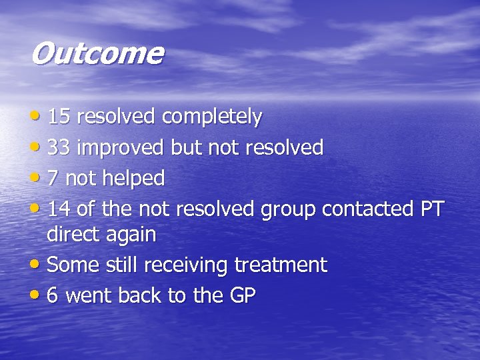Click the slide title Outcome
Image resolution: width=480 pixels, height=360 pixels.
[96, 54]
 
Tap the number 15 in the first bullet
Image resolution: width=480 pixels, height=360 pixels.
[59, 117]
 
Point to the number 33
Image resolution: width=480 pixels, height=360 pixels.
[59, 148]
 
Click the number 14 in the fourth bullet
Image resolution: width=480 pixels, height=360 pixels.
[59, 209]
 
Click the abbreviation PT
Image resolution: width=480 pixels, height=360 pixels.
[431, 209]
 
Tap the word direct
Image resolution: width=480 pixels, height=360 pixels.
[73, 235]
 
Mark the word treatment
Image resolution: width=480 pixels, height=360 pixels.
[281, 265]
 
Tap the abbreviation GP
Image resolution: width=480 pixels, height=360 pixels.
[242, 296]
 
